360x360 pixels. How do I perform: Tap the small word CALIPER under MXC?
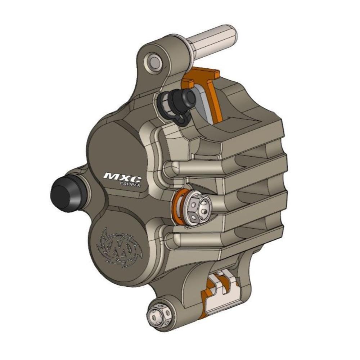[x=130, y=184]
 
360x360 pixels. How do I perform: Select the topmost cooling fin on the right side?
[x=252, y=144]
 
